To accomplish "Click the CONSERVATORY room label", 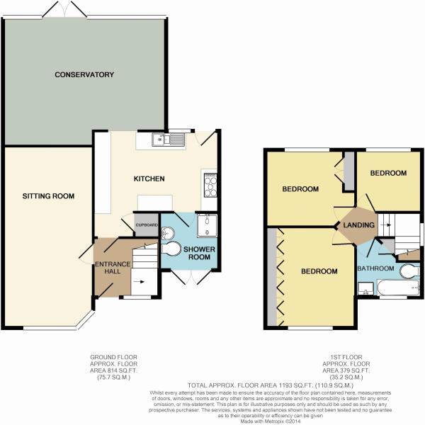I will click(85, 74).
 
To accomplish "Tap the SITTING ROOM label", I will click(48, 196).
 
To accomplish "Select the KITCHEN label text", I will click(149, 178).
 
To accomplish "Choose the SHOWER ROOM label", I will click(200, 254).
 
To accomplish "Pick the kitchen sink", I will click(169, 140).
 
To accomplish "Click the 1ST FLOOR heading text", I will click(342, 356).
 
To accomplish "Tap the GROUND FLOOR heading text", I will click(114, 356).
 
